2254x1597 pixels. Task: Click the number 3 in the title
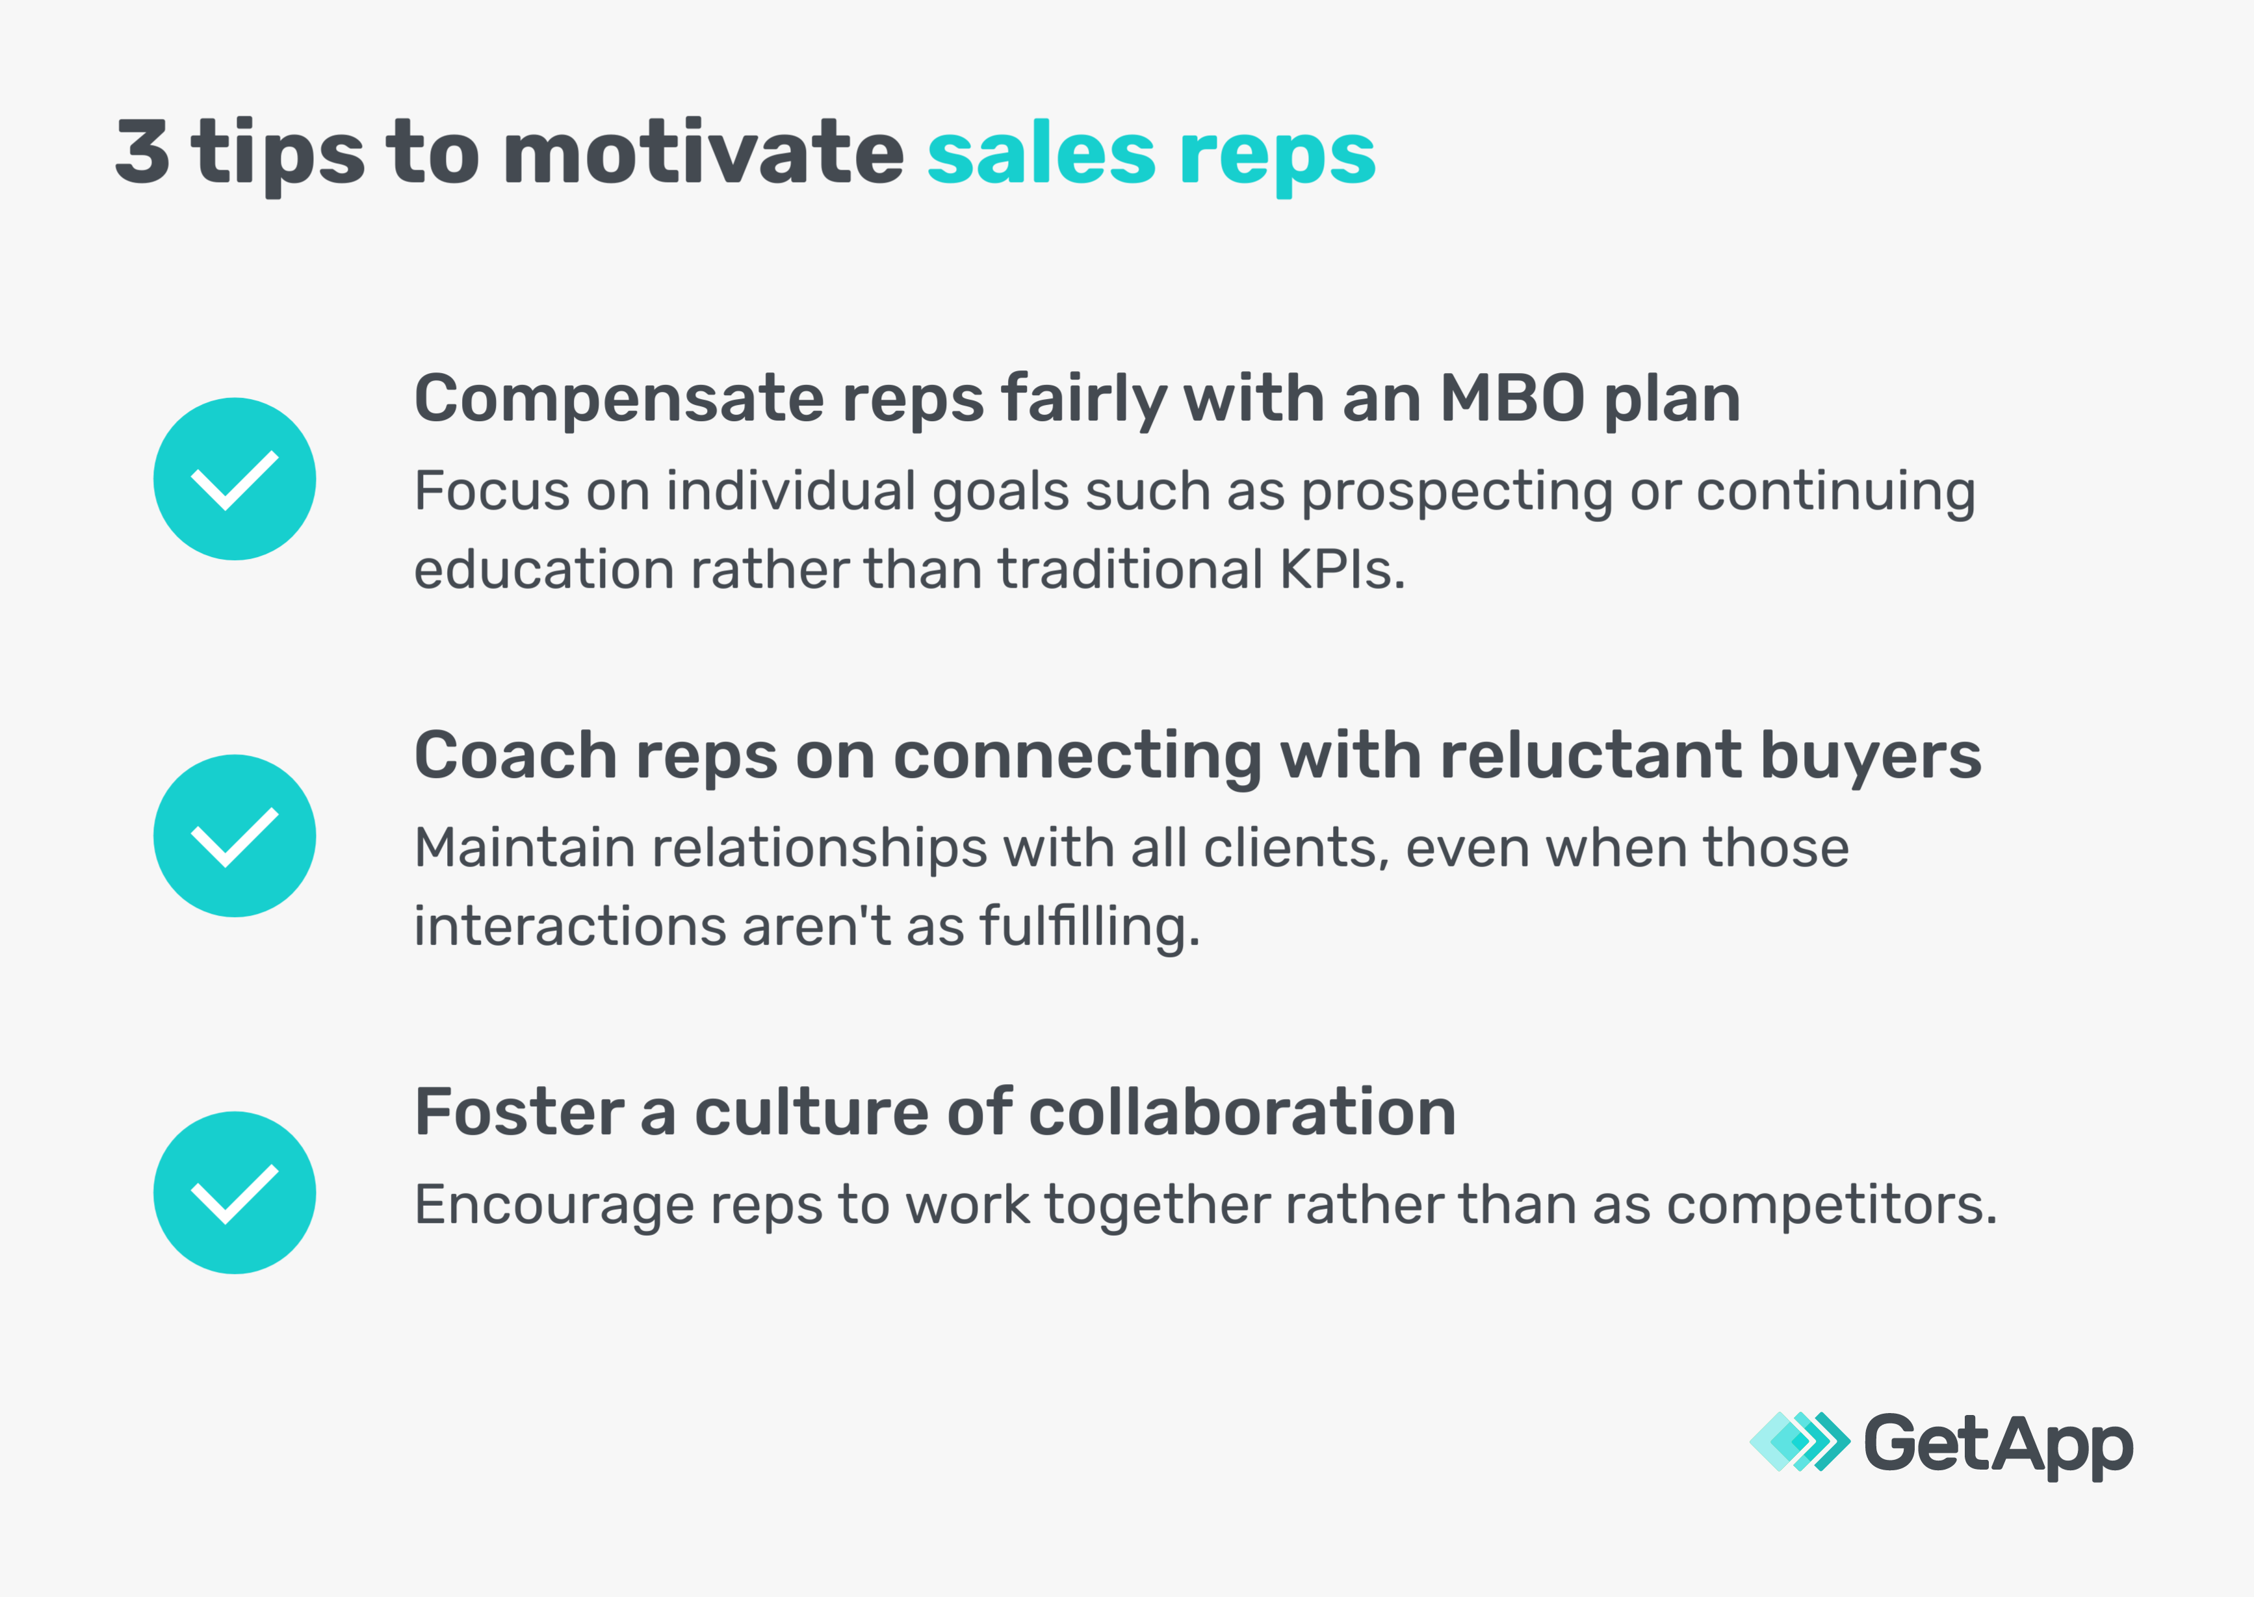(142, 153)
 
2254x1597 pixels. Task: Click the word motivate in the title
(702, 153)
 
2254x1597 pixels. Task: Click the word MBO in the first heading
(1512, 398)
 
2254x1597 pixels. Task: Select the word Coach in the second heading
(515, 755)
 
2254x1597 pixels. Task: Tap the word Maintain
(524, 848)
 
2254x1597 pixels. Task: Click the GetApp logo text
(1997, 1444)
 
